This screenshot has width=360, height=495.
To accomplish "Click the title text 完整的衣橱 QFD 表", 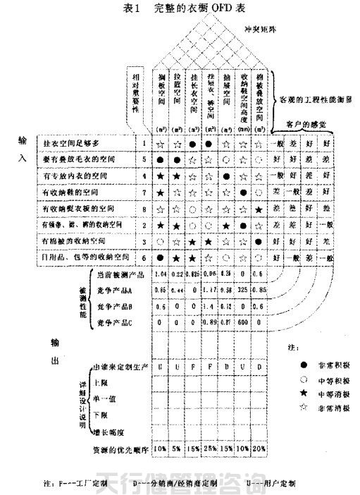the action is point(186,8).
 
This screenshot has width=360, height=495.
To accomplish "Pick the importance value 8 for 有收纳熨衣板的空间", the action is point(143,209).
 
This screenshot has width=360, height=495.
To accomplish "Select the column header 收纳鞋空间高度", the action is point(244,96).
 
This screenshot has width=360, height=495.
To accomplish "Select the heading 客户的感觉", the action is point(306,124).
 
